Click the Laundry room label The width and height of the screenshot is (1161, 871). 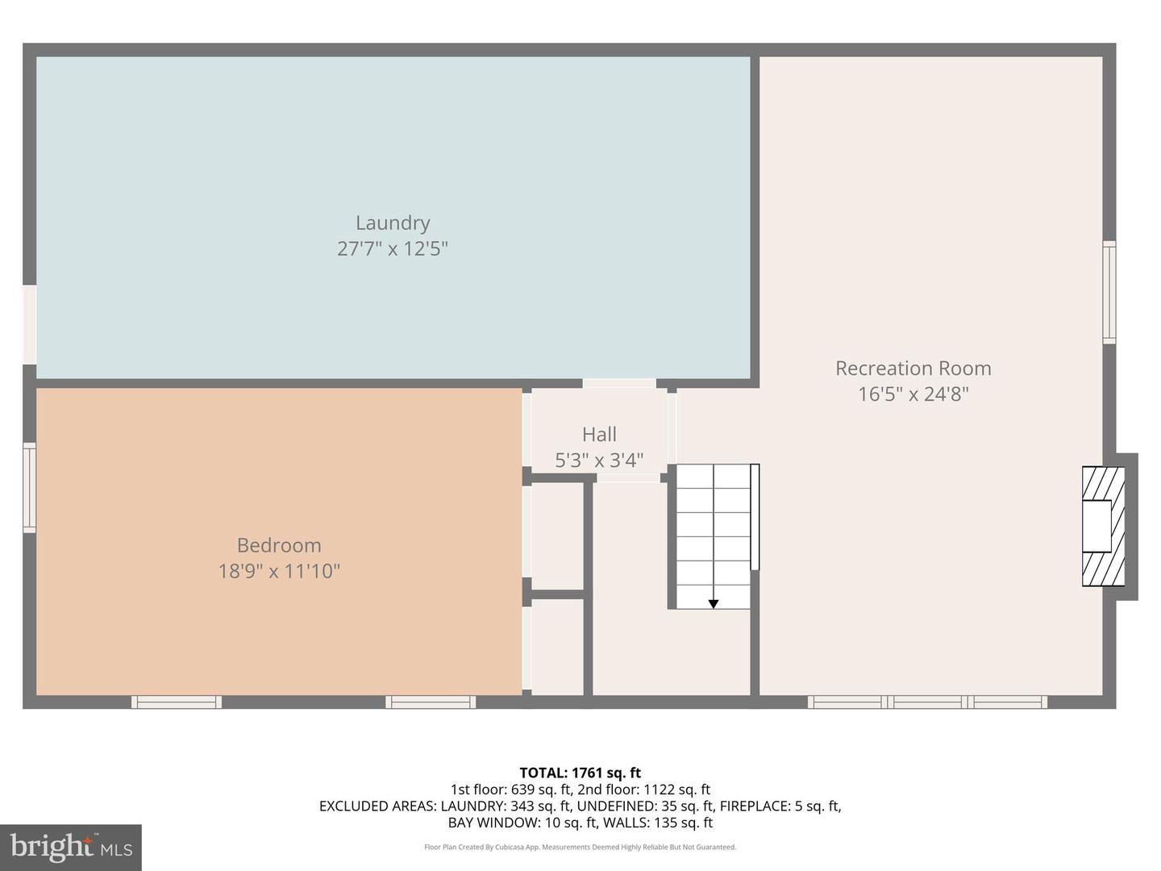pyautogui.click(x=393, y=223)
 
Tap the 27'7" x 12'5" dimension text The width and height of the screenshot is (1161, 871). pyautogui.click(x=393, y=248)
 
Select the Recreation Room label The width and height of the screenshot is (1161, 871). pyautogui.click(x=913, y=368)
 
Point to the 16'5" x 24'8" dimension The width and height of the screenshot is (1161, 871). pyautogui.click(x=913, y=394)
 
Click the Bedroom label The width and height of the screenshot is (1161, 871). pyautogui.click(x=279, y=545)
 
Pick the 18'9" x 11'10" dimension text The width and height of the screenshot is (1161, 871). pyautogui.click(x=279, y=571)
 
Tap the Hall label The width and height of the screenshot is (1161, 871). pyautogui.click(x=599, y=434)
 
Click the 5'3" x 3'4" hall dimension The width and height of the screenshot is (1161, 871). pyautogui.click(x=599, y=460)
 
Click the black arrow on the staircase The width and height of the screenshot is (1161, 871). pyautogui.click(x=713, y=603)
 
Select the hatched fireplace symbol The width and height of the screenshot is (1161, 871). pyautogui.click(x=1103, y=527)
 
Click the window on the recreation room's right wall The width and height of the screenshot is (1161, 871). pyautogui.click(x=1109, y=292)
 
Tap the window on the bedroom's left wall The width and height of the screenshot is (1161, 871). pyautogui.click(x=29, y=487)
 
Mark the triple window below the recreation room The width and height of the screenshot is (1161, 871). pyautogui.click(x=927, y=702)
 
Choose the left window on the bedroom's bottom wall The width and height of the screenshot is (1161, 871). pyautogui.click(x=177, y=702)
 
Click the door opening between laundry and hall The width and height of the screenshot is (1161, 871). pyautogui.click(x=619, y=383)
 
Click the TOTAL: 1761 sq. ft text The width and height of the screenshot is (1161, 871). pyautogui.click(x=580, y=773)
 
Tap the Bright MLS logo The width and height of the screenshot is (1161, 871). pyautogui.click(x=71, y=847)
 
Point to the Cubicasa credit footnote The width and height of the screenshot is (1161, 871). pyautogui.click(x=580, y=847)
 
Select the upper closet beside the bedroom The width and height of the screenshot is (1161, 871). pyautogui.click(x=557, y=536)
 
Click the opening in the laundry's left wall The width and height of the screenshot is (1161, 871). pyautogui.click(x=29, y=324)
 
